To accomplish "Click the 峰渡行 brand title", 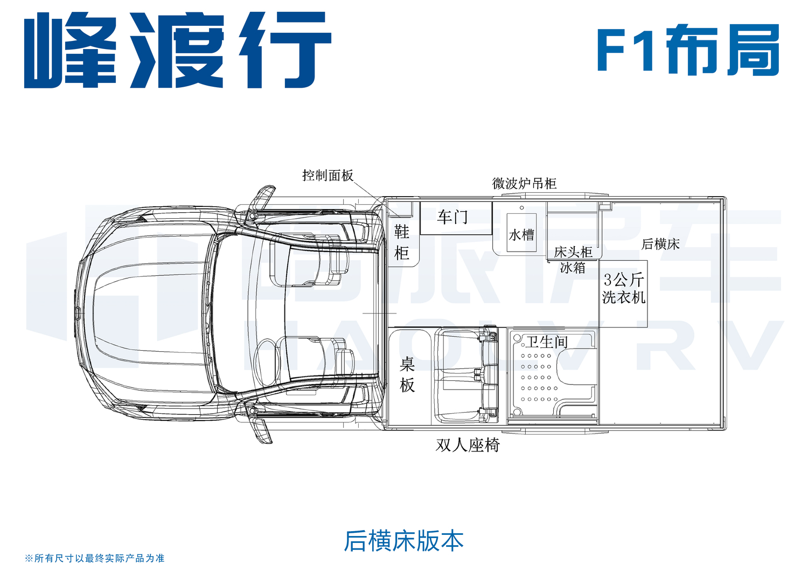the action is click(x=177, y=50).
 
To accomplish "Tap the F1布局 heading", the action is click(x=688, y=50).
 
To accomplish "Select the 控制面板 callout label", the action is click(x=328, y=176).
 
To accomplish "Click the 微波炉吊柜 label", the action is click(x=524, y=184).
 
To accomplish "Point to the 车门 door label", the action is click(x=452, y=217).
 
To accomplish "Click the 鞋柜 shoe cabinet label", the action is click(x=401, y=242).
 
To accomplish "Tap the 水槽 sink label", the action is click(x=521, y=235).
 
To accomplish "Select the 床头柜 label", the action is click(x=573, y=252).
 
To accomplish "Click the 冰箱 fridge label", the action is click(x=573, y=268).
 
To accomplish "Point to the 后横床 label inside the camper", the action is click(x=660, y=244).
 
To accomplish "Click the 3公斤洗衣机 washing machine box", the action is click(x=623, y=294).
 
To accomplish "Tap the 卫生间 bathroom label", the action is click(x=547, y=342).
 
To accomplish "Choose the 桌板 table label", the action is click(x=407, y=375).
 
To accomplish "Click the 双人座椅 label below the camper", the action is click(x=468, y=445).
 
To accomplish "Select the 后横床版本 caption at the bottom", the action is click(x=403, y=541).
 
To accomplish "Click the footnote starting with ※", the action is click(x=94, y=559).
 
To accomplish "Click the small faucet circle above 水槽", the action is click(x=521, y=208).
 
